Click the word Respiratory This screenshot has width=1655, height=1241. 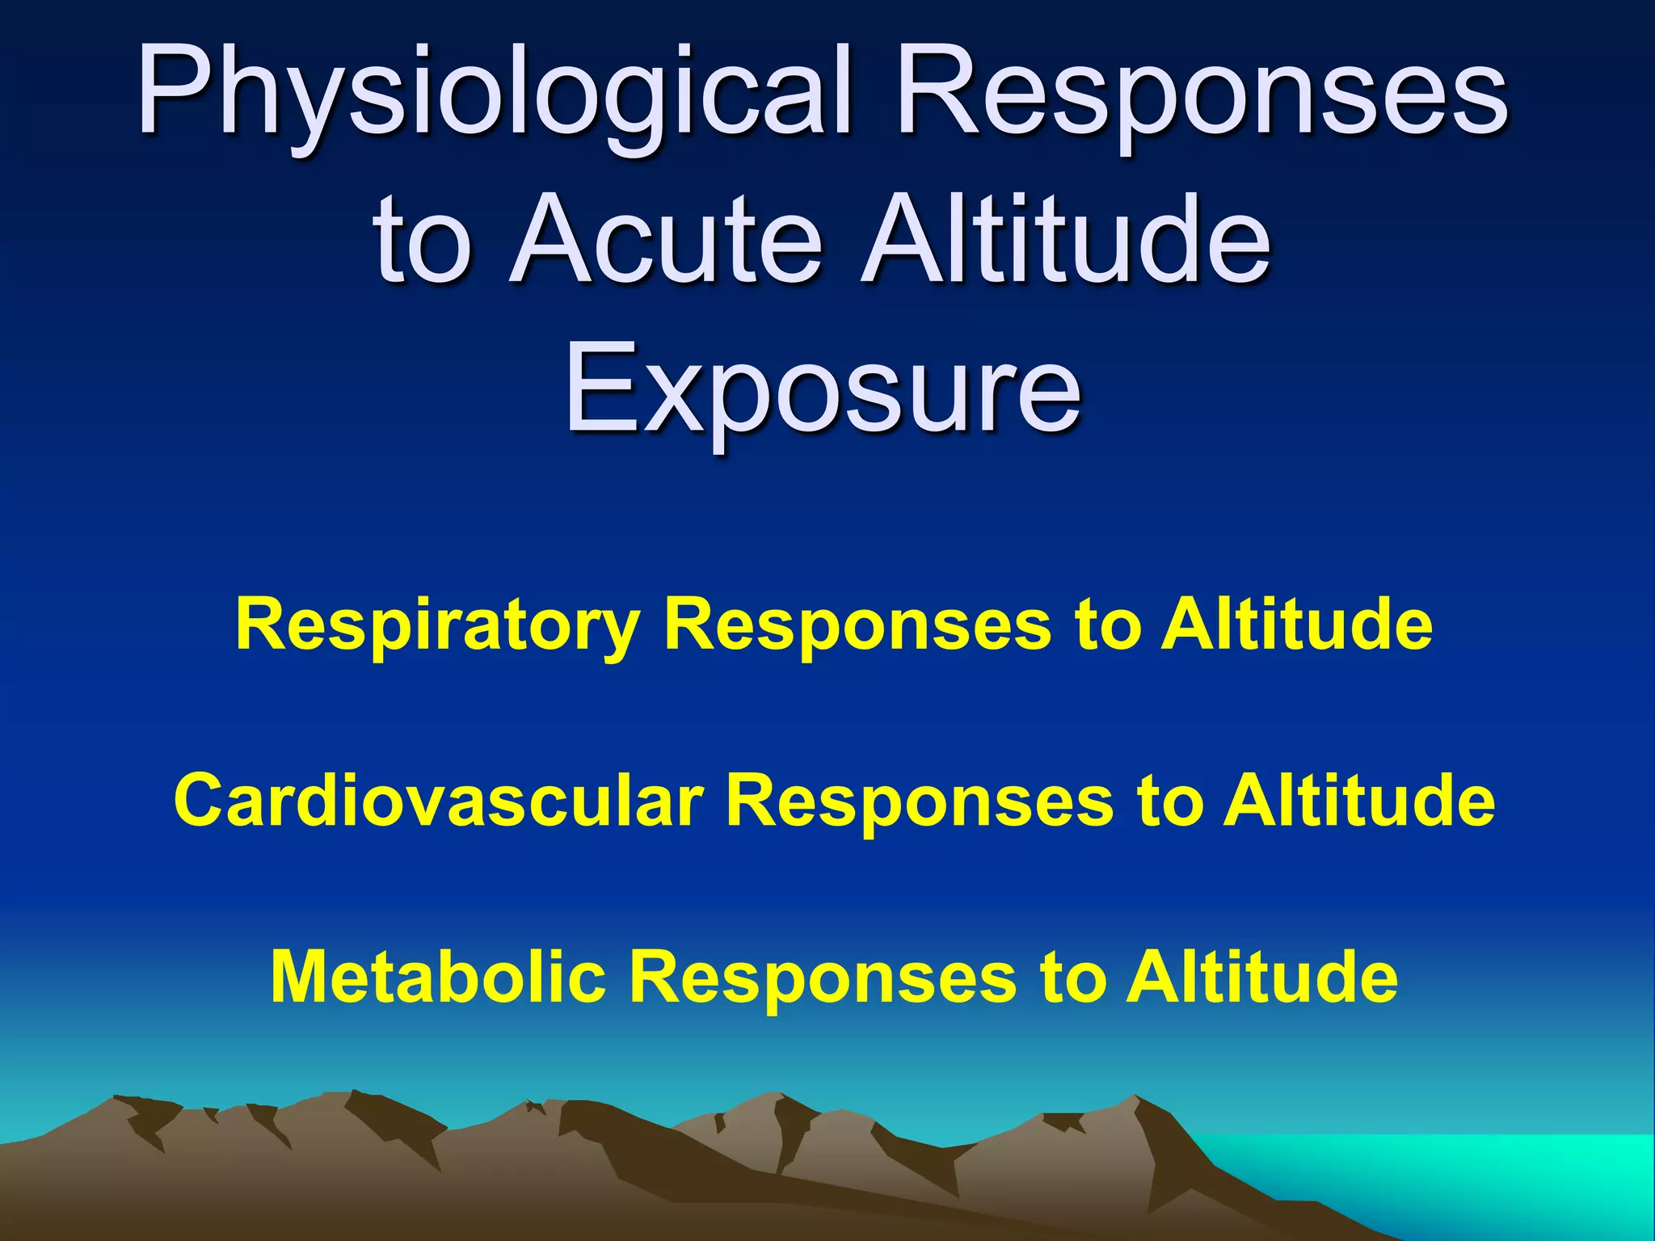tap(437, 626)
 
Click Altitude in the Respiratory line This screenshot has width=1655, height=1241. tap(1296, 626)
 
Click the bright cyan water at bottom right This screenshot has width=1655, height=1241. tap(1495, 1172)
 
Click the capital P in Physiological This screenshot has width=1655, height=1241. tap(174, 89)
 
